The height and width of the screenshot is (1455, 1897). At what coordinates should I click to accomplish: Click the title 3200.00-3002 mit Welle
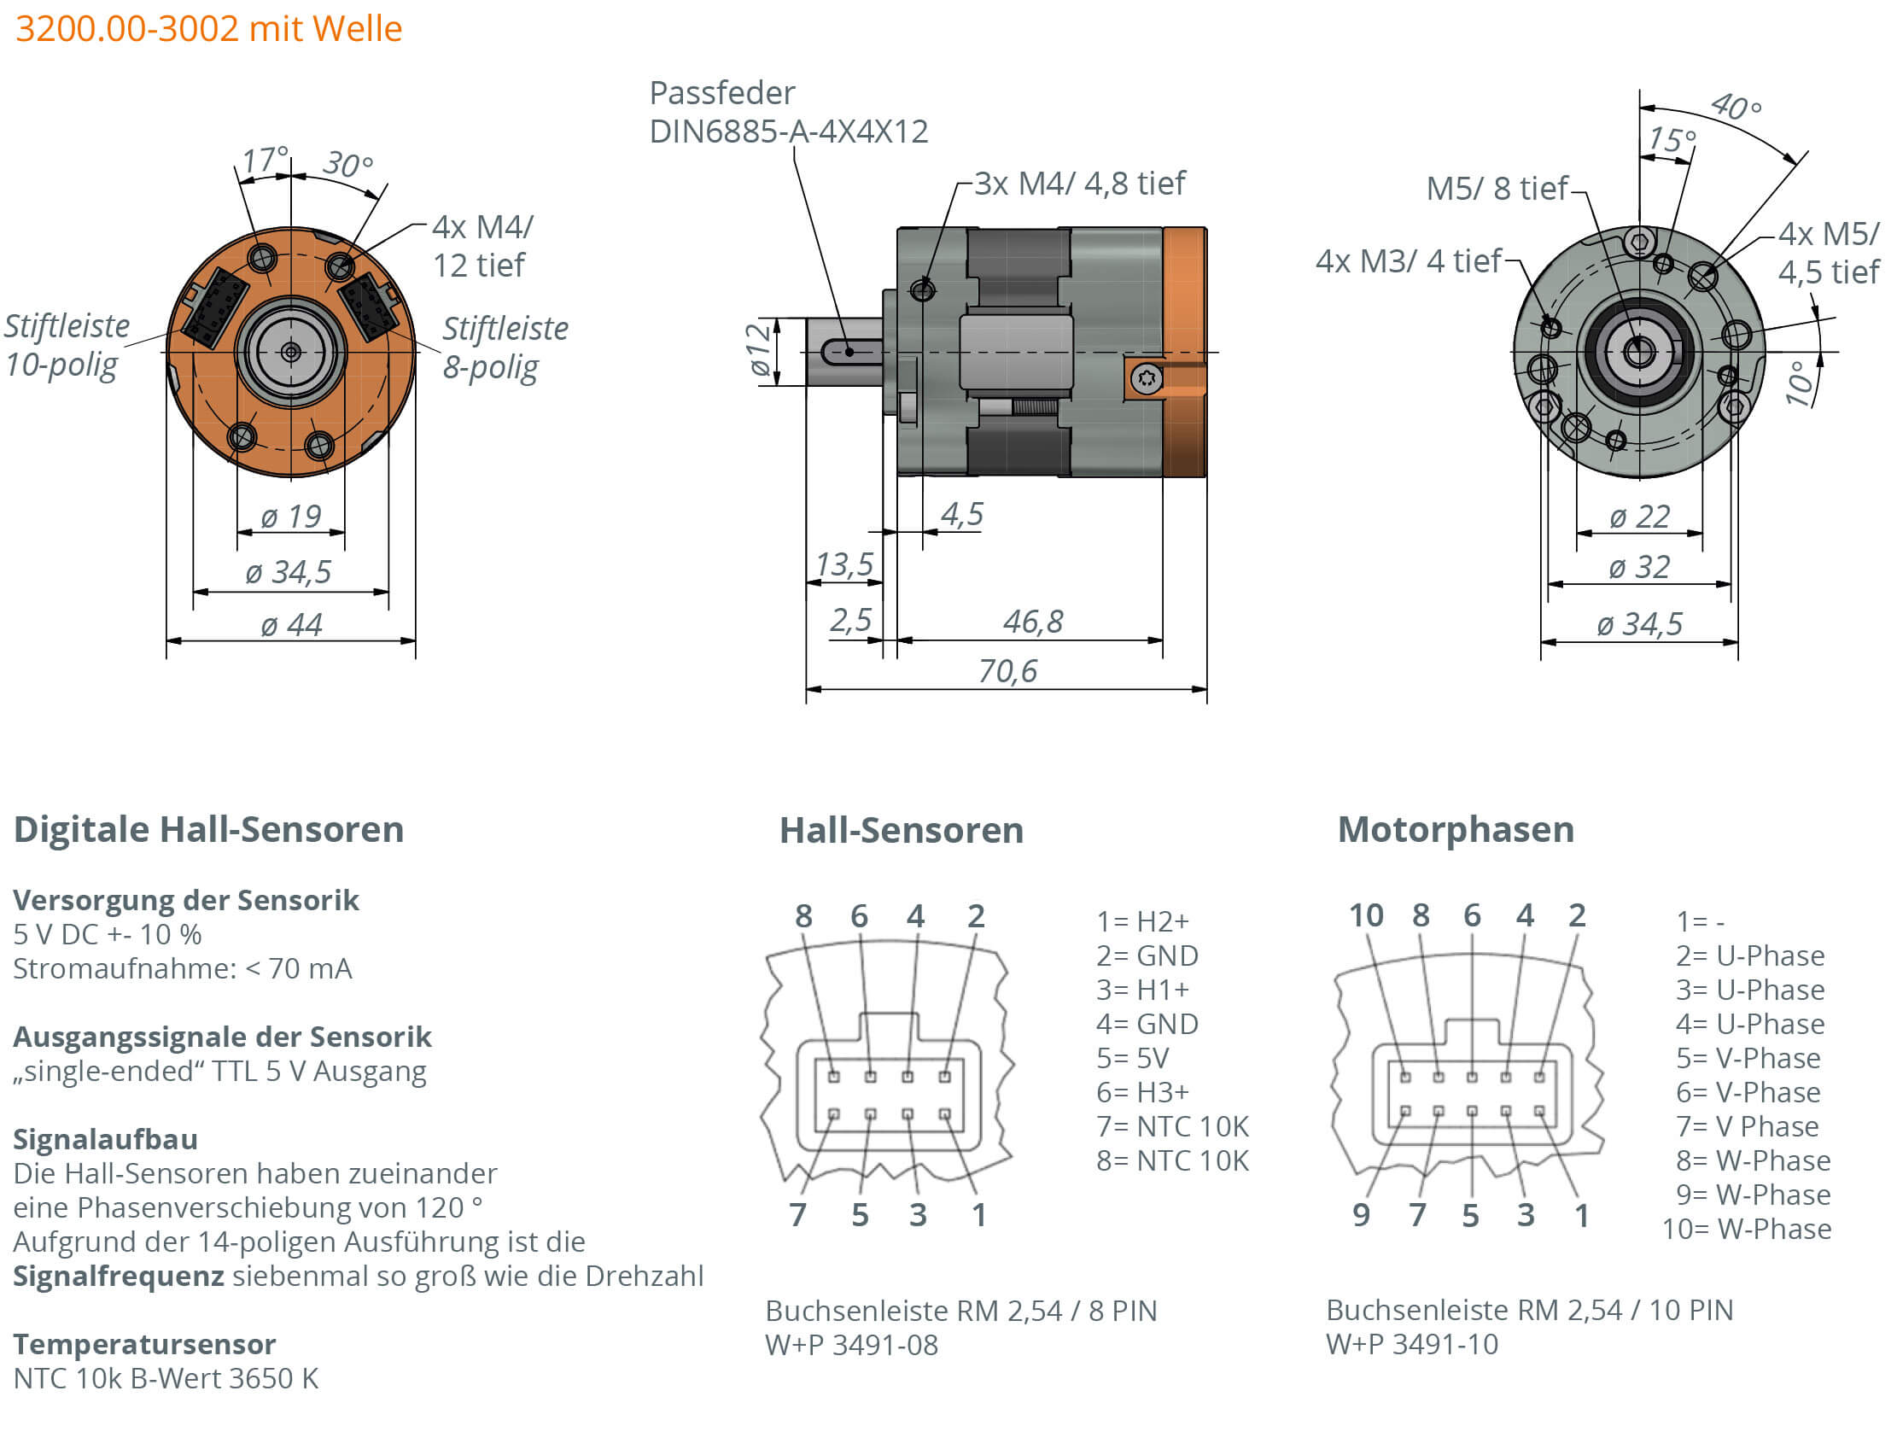click(208, 28)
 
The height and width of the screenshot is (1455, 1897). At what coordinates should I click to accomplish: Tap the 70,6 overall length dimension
click(1006, 670)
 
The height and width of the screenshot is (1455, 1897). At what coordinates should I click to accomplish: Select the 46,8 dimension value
click(1032, 621)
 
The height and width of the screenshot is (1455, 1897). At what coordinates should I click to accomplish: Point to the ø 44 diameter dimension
click(291, 624)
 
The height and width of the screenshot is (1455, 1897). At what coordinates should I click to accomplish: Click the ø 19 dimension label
click(291, 517)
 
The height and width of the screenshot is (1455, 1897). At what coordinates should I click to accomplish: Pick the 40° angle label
click(1735, 107)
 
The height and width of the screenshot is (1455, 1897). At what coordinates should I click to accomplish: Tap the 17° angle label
click(263, 160)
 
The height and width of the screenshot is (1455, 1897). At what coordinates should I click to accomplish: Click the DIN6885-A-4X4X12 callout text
click(788, 131)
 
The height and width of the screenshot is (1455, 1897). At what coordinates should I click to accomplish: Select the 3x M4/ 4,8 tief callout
click(1079, 184)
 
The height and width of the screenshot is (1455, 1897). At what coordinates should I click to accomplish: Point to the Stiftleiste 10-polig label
click(66, 345)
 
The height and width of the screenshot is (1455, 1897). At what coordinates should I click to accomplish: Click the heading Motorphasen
click(1455, 829)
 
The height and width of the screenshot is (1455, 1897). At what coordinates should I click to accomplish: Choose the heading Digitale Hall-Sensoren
click(208, 829)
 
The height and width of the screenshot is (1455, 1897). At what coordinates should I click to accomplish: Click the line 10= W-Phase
click(1746, 1228)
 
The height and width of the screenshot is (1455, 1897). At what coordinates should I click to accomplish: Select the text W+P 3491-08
click(850, 1344)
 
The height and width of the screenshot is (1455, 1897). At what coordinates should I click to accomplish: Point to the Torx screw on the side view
click(1147, 378)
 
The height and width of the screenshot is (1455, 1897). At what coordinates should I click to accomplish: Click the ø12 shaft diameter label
click(758, 350)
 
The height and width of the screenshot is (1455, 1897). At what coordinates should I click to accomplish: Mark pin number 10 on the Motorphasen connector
click(1365, 914)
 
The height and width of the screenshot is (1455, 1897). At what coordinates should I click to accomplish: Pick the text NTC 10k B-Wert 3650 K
click(166, 1378)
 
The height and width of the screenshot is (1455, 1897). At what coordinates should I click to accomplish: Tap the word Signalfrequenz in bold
click(119, 1276)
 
